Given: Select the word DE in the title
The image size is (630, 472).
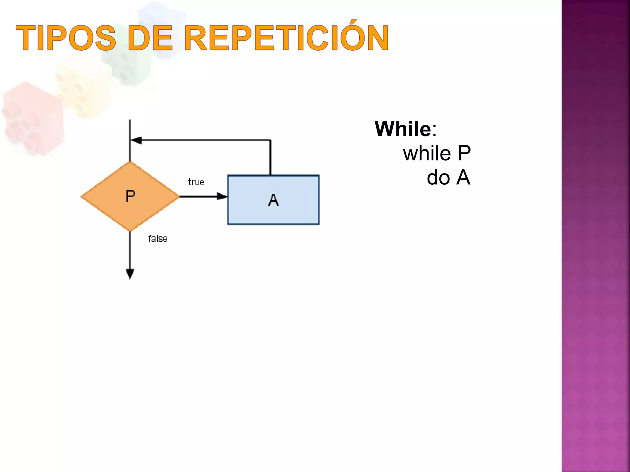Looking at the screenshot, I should click(150, 38).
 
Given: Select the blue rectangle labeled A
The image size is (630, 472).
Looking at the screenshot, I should click(295, 212).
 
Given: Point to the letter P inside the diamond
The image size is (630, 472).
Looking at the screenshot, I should click(130, 196).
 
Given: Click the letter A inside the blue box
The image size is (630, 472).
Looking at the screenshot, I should click(273, 200).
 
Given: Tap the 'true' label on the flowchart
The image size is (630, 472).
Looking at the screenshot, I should click(196, 182).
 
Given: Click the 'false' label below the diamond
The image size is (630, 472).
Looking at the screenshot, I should click(158, 238).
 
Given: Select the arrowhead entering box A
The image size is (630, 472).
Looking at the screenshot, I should click(222, 196).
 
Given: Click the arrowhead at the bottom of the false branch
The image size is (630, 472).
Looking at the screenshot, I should click(130, 273).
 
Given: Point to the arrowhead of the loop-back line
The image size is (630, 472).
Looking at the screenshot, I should click(136, 140).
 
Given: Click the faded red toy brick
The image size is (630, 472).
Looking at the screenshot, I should click(32, 118).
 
